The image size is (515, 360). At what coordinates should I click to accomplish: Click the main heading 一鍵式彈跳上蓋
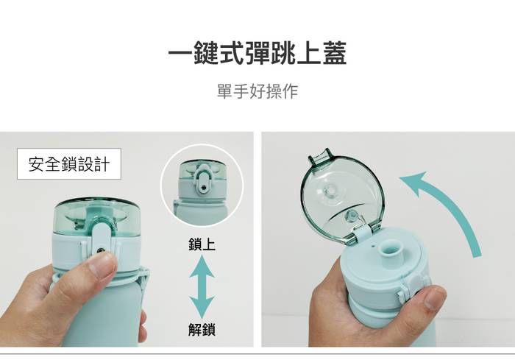coord(257,53)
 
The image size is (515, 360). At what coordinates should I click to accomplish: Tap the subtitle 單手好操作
coord(257,91)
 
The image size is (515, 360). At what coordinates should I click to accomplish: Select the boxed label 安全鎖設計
coord(69,164)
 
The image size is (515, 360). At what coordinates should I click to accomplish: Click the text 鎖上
coord(202,244)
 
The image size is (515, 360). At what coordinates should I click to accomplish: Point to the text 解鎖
coord(202,329)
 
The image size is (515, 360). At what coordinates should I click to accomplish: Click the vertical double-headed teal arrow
coord(202,286)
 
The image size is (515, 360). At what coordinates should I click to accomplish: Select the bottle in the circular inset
coord(201,192)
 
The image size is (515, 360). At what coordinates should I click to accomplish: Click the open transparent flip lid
coord(341,197)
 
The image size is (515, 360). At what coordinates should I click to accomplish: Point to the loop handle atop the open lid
coord(320,158)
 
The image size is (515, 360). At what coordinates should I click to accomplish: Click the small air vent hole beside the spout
coord(373,245)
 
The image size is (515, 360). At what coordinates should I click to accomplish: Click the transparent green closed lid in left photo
coord(98,216)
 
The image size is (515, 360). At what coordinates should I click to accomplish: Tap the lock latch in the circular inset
coord(203,182)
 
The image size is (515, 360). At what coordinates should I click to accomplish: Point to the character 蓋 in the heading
coord(335,53)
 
